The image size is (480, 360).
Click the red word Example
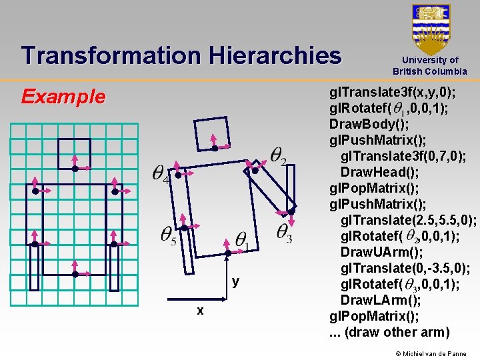(x=63, y=97)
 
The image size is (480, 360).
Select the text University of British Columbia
(x=430, y=65)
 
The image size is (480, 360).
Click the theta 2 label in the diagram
(x=279, y=155)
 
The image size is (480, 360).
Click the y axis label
(x=235, y=281)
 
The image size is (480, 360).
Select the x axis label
(x=200, y=311)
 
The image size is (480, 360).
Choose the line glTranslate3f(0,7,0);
(x=403, y=156)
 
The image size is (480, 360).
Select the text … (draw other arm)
(x=390, y=332)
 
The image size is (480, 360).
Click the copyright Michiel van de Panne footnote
(x=431, y=353)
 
